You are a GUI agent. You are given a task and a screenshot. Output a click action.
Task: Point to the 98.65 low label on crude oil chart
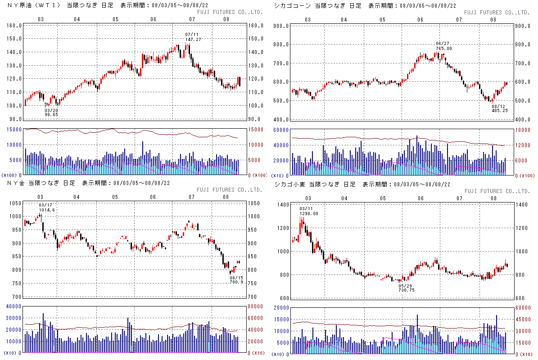(x=51, y=115)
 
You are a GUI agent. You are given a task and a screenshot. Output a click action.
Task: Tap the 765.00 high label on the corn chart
(x=443, y=49)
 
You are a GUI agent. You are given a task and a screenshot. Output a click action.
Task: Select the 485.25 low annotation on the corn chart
(x=500, y=110)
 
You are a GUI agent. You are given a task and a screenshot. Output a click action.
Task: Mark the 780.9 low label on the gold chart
(x=236, y=282)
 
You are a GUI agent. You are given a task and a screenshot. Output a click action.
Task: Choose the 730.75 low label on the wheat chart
(x=406, y=290)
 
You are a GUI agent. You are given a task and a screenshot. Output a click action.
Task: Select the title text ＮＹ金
(x=16, y=183)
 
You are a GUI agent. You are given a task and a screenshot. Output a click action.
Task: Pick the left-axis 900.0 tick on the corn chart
(x=281, y=26)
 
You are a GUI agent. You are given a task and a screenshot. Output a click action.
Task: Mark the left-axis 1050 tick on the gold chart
(x=15, y=203)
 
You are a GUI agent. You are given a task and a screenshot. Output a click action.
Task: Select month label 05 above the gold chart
(x=115, y=197)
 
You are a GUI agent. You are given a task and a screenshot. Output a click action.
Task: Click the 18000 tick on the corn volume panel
(x=523, y=130)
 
